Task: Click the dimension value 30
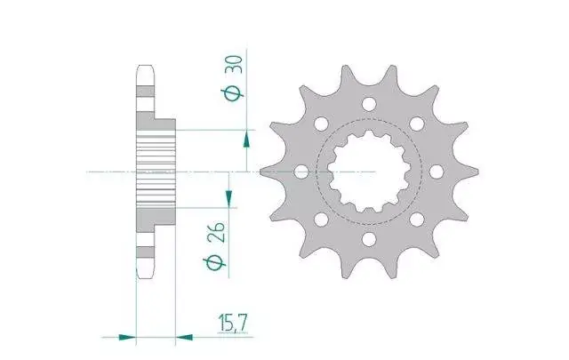pos(234,69)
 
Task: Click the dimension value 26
pos(216,232)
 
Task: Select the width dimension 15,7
pos(233,324)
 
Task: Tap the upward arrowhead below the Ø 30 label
pos(246,140)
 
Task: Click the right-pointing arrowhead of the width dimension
pos(127,338)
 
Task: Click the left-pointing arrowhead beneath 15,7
pos(184,338)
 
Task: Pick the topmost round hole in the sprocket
pos(369,104)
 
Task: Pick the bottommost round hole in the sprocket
pos(369,239)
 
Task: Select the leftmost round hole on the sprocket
pos(301,172)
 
